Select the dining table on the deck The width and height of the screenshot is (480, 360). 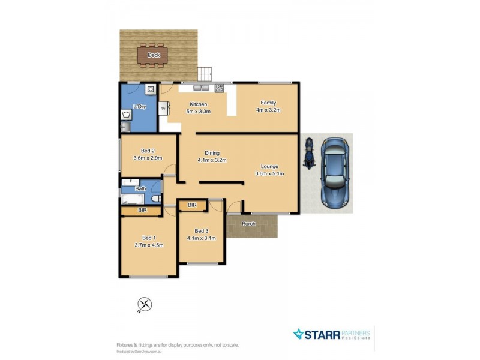152,56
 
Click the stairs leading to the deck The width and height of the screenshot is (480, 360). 205,74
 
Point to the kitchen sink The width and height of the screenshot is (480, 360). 201,88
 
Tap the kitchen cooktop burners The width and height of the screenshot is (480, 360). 219,88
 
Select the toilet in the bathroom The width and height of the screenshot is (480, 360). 155,199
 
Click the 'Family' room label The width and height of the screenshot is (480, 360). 268,103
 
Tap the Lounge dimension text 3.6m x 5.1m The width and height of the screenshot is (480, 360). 269,174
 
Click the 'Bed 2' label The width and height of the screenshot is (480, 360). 148,151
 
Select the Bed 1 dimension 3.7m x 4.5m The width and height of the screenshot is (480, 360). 149,245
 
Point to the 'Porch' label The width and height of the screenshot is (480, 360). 248,224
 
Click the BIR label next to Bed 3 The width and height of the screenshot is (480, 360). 192,206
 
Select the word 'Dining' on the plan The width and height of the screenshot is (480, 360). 212,152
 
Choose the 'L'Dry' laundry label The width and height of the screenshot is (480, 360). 139,107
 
